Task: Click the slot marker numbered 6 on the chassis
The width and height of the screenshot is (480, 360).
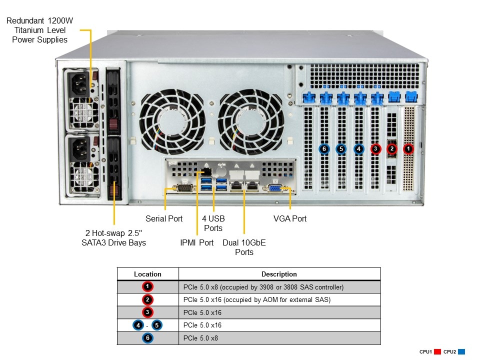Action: tap(324, 148)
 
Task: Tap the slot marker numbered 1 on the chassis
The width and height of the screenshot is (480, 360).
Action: tap(408, 148)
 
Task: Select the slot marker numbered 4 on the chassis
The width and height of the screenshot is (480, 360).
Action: tap(358, 148)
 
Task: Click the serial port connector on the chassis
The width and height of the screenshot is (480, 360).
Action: tap(183, 188)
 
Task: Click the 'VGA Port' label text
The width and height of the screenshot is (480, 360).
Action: tap(290, 218)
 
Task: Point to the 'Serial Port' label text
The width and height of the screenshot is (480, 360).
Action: tap(164, 218)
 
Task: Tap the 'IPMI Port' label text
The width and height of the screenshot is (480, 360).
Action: tap(196, 242)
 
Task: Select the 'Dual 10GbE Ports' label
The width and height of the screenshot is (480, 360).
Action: tap(244, 247)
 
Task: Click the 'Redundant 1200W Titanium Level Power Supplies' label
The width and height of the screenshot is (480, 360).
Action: tap(40, 30)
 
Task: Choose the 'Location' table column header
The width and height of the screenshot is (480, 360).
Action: tap(147, 274)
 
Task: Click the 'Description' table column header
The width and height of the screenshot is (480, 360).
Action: tap(279, 274)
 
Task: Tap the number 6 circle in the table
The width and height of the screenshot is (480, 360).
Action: tap(147, 338)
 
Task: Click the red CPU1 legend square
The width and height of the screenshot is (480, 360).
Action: tap(437, 352)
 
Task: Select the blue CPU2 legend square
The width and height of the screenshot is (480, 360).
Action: tap(461, 352)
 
